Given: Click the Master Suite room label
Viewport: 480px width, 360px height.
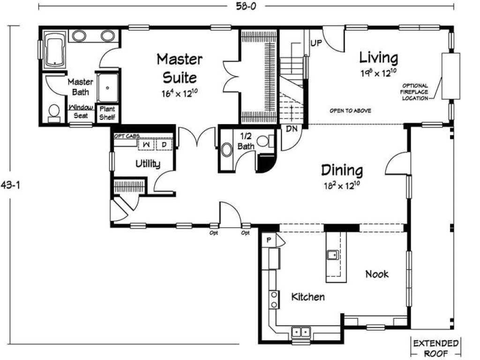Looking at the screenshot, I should (x=180, y=67).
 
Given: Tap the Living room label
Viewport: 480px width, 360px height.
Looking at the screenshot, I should (x=379, y=58).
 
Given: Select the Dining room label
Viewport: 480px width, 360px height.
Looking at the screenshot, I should (x=342, y=169).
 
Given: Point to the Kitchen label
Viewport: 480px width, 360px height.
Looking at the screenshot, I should (x=308, y=297).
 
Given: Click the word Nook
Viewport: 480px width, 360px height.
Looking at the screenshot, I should (x=377, y=274).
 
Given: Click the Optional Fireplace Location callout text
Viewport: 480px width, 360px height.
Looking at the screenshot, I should (x=415, y=92).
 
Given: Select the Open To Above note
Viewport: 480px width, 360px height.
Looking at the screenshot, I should (x=350, y=111).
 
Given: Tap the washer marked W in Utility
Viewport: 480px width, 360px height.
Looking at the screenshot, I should (x=146, y=144).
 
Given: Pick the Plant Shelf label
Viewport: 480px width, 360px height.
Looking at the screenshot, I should (x=107, y=112).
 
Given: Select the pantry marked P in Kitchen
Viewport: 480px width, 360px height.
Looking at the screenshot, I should (x=270, y=239).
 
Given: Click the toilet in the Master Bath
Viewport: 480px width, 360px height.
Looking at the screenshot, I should (x=54, y=112).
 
